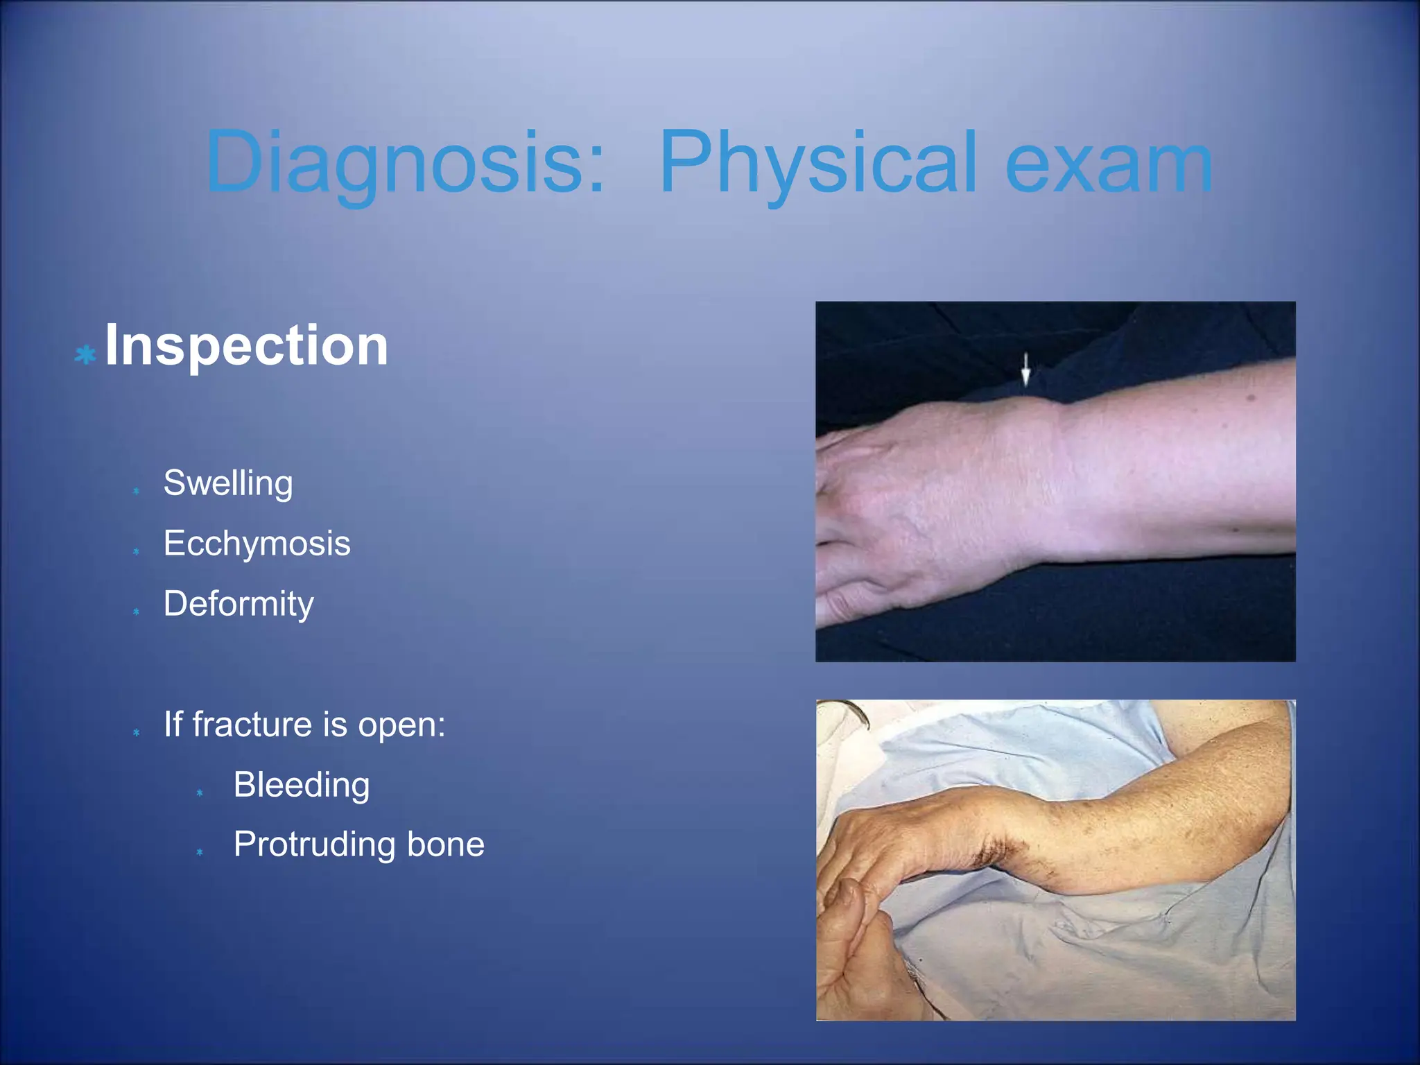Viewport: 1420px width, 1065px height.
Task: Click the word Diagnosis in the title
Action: click(x=406, y=163)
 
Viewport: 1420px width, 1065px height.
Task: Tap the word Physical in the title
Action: click(x=818, y=163)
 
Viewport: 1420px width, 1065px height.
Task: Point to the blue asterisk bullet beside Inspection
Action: click(x=85, y=356)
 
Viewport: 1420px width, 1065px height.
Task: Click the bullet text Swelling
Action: click(x=227, y=483)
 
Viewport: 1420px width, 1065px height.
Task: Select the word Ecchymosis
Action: click(x=257, y=544)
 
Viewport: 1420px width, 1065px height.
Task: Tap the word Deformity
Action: click(x=238, y=604)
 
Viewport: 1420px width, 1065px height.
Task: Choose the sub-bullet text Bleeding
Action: click(x=301, y=786)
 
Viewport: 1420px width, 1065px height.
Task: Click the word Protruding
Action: click(x=313, y=845)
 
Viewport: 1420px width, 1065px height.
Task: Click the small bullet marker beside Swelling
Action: click(x=136, y=491)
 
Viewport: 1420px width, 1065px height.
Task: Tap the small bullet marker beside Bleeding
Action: click(x=200, y=793)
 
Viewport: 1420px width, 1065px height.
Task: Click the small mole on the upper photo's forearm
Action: click(x=1251, y=398)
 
